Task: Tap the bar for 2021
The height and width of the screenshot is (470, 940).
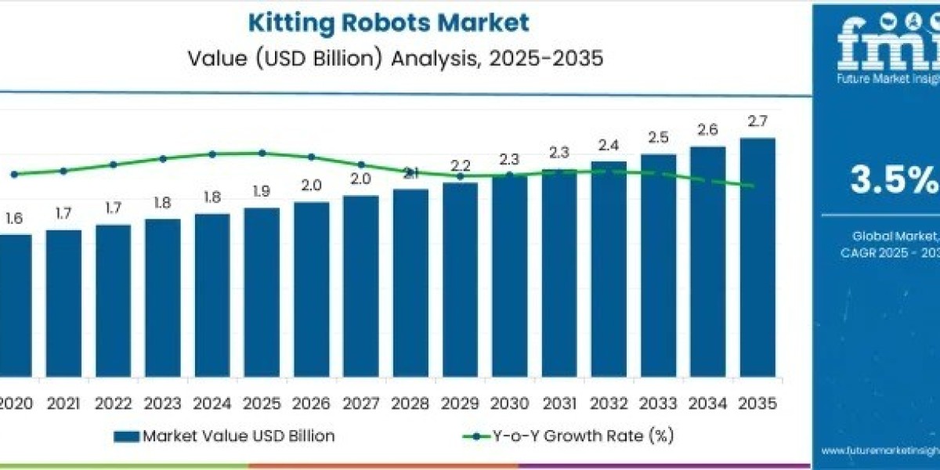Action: click(x=63, y=302)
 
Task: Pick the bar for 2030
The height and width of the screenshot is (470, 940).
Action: click(x=509, y=275)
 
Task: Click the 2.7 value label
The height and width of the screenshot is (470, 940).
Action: click(x=757, y=121)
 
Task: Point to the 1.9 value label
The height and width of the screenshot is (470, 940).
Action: click(x=262, y=191)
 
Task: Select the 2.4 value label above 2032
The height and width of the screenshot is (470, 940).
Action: click(x=609, y=145)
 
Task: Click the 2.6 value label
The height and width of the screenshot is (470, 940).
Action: click(x=708, y=130)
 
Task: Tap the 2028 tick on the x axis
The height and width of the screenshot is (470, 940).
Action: click(x=410, y=403)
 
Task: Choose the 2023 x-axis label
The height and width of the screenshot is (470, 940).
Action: click(x=163, y=403)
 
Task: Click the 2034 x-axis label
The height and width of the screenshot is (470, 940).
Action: click(x=708, y=403)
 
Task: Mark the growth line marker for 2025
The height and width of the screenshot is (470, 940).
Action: click(x=262, y=153)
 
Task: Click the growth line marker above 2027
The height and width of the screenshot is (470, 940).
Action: click(x=361, y=164)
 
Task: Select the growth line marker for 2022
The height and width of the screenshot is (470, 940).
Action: click(x=114, y=164)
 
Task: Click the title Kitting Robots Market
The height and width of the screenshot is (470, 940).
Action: click(x=389, y=22)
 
